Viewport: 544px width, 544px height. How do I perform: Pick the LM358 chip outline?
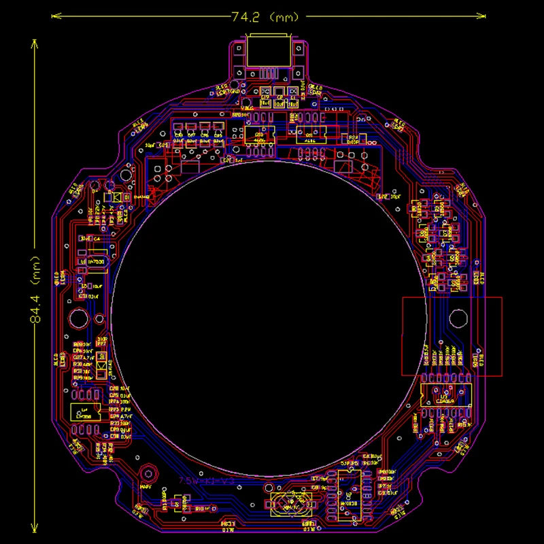click(85, 412)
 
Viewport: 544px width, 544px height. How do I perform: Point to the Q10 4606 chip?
click(259, 135)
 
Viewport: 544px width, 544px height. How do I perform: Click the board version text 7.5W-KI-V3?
click(206, 481)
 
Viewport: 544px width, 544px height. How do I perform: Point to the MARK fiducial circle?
click(146, 473)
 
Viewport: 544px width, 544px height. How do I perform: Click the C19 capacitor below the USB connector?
click(266, 96)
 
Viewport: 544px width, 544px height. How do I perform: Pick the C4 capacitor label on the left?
click(97, 239)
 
